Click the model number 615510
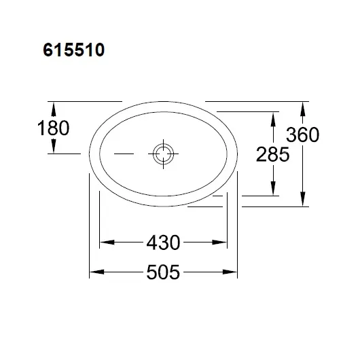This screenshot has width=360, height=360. pos(74,50)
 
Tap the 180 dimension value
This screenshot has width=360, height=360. pos(53,128)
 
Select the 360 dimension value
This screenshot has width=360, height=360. pos(302,134)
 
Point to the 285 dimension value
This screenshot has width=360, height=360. pos(273,154)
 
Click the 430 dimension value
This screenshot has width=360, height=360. pos(163,242)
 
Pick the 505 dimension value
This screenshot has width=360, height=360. pos(163,272)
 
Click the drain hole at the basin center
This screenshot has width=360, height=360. pos(163,154)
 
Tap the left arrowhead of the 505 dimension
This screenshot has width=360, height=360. pos(96,272)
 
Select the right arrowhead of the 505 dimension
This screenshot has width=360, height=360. pos(230,272)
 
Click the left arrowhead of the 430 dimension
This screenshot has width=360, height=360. pos(107,242)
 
